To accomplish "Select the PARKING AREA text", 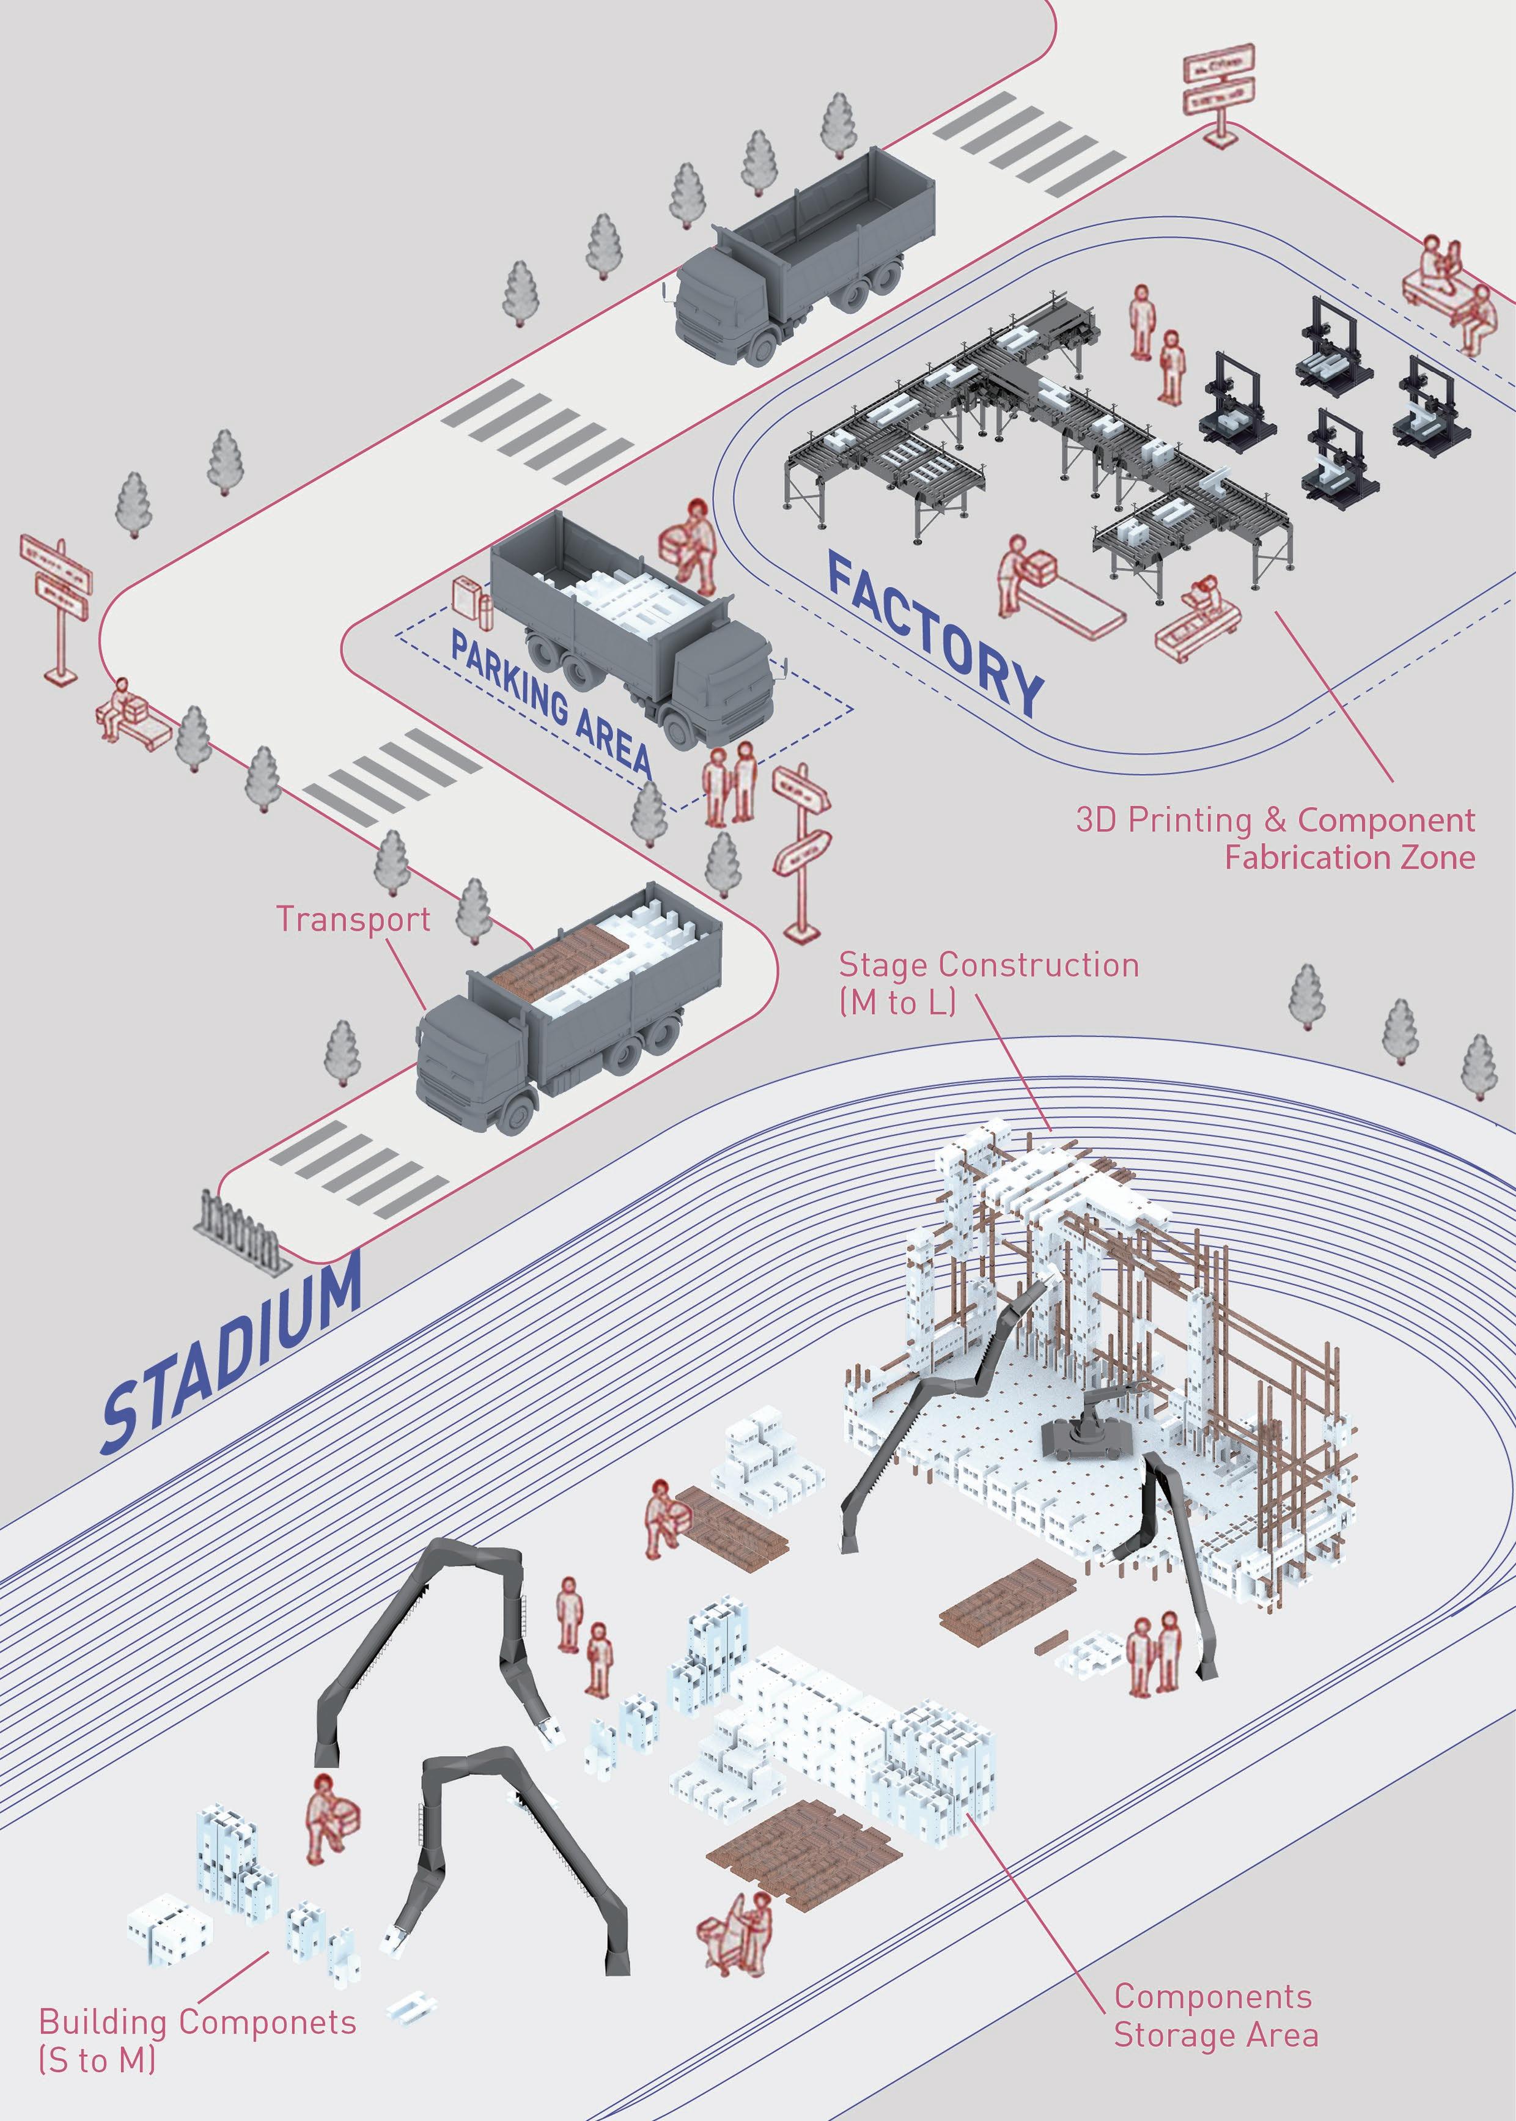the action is coord(551,700).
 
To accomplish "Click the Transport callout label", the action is coord(353,920).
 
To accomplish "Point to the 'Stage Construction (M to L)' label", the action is coord(988,982).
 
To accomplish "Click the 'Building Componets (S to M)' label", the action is coord(197,2040).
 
